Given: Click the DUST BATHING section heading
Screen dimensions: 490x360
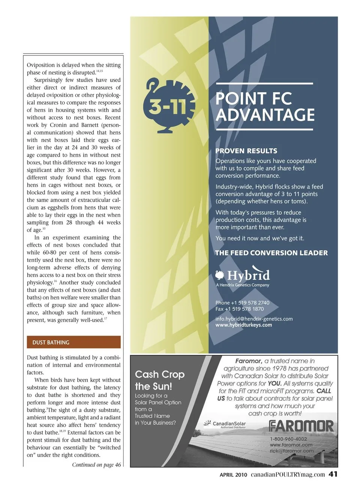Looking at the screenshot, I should click(51, 342).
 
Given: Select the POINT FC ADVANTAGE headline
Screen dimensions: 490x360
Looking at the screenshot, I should click(264, 107).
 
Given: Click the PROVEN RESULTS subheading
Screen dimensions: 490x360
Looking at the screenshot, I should click(246, 151).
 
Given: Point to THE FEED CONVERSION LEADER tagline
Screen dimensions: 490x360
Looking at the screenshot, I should click(271, 253).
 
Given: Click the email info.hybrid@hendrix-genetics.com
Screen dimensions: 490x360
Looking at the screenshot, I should click(254, 319).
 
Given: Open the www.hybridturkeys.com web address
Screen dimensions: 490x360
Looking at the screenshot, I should click(244, 325).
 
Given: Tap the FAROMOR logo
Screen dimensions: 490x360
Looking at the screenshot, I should click(301, 426).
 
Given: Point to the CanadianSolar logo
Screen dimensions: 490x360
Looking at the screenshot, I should click(225, 424).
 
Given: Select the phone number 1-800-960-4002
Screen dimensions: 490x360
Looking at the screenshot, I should click(288, 439).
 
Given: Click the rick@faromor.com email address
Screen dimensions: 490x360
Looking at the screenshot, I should click(291, 451).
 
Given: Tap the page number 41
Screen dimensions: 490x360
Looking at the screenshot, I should click(333, 474).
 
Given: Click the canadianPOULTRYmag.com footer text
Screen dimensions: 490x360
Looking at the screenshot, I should click(288, 474).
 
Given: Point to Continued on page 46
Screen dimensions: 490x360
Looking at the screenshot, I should click(96, 465).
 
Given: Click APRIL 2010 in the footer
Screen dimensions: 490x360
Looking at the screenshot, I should click(233, 475).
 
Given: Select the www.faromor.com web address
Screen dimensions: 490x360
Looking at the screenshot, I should click(291, 445).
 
